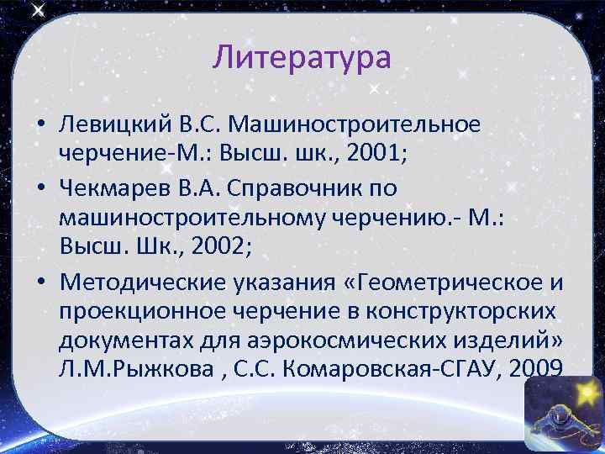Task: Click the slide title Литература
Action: (302, 58)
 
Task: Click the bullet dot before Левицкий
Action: (40, 126)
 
